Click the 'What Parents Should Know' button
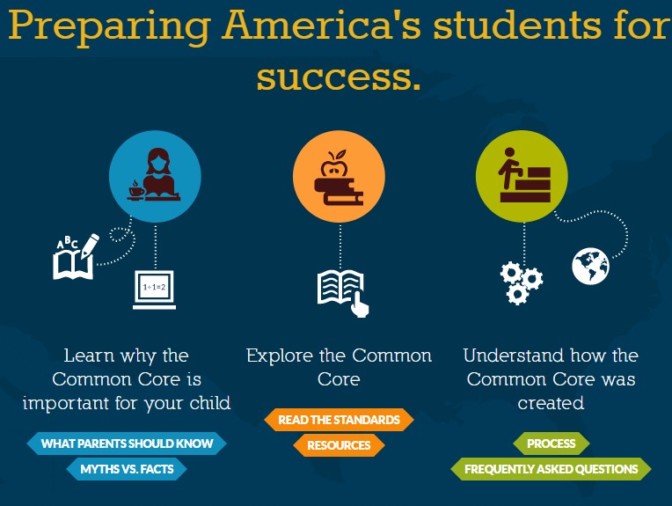coord(127,444)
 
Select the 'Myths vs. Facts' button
coord(127,469)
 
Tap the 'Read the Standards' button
coord(339,420)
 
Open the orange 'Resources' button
coord(339,445)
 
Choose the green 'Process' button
coord(551,444)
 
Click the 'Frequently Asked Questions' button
coord(551,469)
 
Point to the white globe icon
coord(590,266)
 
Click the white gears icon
coord(521,283)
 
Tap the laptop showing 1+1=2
coord(154,290)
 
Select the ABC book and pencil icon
coord(76,257)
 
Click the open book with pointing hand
coord(343,293)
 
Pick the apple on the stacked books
coord(335,164)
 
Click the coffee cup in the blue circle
coord(136,191)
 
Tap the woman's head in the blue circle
coord(158,161)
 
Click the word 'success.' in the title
coord(339,77)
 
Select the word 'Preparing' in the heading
coord(109,26)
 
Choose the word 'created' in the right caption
coord(551,403)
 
